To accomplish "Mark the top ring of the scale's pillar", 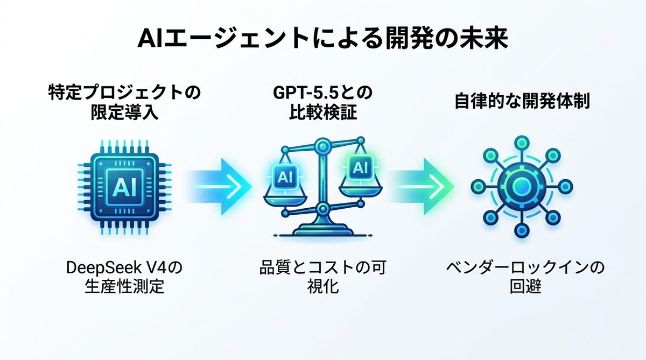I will (323, 144).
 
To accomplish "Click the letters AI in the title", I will (152, 39).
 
